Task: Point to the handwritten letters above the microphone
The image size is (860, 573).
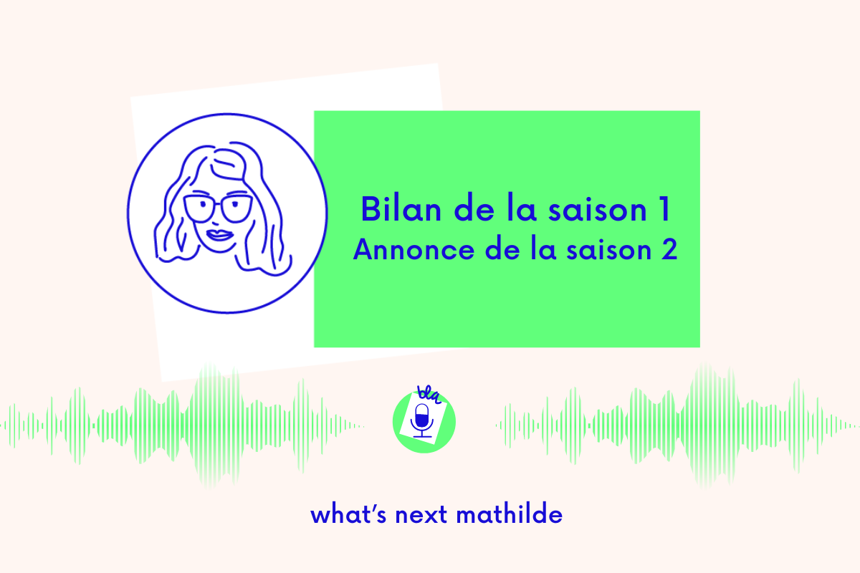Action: pyautogui.click(x=428, y=393)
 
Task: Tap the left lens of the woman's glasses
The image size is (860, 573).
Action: pyautogui.click(x=200, y=210)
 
